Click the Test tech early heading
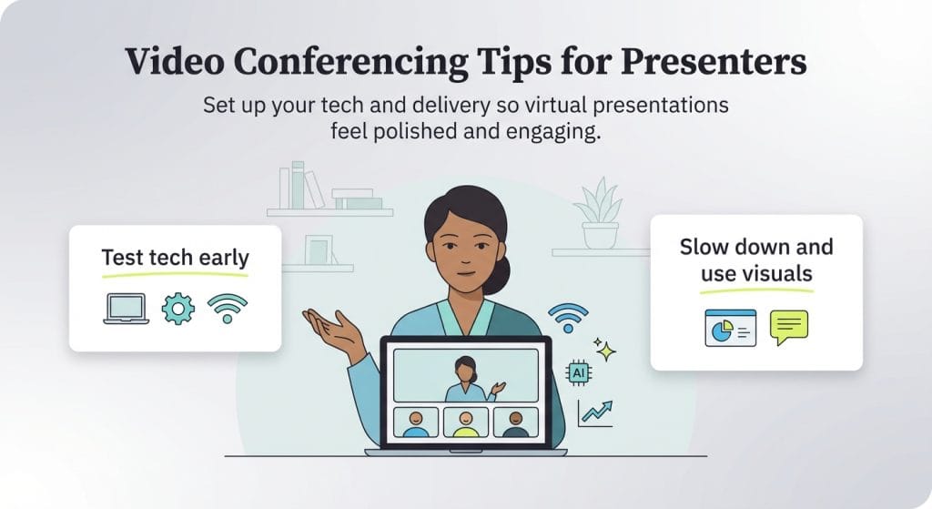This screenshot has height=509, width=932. [175, 257]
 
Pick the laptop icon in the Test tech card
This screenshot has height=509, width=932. [126, 309]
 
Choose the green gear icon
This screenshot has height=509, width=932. [177, 309]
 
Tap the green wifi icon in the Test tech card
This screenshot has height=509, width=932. [227, 309]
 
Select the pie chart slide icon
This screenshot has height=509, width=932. [730, 328]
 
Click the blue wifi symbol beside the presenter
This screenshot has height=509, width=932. [567, 318]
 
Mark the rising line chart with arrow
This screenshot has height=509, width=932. [596, 412]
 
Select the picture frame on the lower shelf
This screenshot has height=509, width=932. [318, 249]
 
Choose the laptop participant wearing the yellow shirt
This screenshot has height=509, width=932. [465, 422]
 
